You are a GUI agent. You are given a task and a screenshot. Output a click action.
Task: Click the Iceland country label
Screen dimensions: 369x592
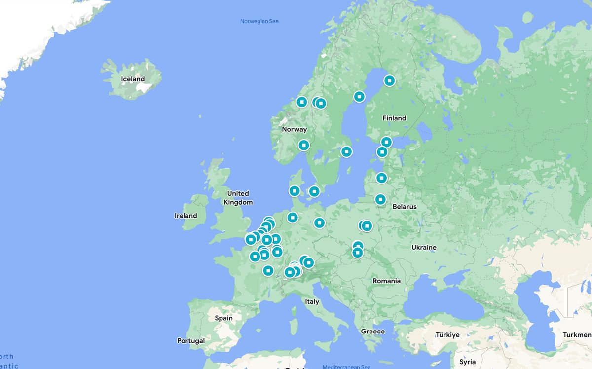(133, 79)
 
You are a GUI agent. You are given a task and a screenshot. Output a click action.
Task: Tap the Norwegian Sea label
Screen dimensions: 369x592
(259, 21)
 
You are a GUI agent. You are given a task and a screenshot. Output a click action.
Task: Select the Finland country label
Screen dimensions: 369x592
(394, 118)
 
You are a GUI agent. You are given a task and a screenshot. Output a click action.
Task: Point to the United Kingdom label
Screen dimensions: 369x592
(238, 198)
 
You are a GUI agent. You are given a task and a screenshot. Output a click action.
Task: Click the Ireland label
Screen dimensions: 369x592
(185, 216)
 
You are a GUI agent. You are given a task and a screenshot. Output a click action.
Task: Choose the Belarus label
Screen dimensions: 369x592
(404, 207)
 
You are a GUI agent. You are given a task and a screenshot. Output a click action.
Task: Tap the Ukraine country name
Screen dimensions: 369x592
(424, 247)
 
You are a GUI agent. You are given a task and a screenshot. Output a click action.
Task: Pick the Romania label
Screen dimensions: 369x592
(386, 281)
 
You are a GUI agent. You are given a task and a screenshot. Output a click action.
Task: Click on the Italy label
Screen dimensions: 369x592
(312, 301)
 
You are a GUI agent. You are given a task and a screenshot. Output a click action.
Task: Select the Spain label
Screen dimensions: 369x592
(223, 318)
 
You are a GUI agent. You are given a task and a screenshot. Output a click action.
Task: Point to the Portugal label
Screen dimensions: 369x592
(191, 341)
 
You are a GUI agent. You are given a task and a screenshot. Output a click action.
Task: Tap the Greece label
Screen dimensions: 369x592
(372, 331)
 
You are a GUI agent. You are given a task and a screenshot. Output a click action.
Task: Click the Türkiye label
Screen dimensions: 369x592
(447, 335)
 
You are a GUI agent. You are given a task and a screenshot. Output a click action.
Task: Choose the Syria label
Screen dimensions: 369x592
(467, 362)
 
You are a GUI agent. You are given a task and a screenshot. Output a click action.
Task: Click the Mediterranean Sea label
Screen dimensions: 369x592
(346, 367)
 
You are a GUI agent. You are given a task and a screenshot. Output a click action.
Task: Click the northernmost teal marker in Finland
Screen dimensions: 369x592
(390, 80)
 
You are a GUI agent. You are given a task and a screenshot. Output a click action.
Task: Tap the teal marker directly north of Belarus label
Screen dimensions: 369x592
(380, 199)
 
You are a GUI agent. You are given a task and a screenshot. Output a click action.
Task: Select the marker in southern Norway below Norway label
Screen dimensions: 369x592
(304, 145)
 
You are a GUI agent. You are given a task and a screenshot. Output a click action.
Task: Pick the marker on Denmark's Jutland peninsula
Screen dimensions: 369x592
(295, 191)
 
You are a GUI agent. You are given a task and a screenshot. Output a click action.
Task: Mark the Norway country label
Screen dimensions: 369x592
(294, 129)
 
